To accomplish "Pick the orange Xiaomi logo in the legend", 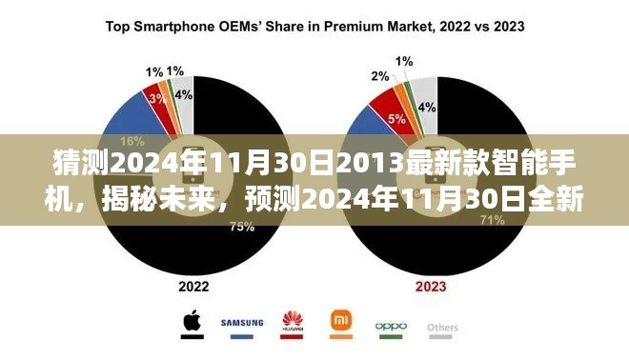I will coord(340,322).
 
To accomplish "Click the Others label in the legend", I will coord(442,328).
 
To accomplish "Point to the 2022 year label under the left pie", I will coord(194,285).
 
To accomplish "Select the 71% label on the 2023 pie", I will coord(465,220).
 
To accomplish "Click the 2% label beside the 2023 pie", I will coord(379,76).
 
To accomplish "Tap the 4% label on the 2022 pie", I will coord(182,95).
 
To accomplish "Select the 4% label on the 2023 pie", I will coord(428,107).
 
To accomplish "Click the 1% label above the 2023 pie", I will coord(404,62).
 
